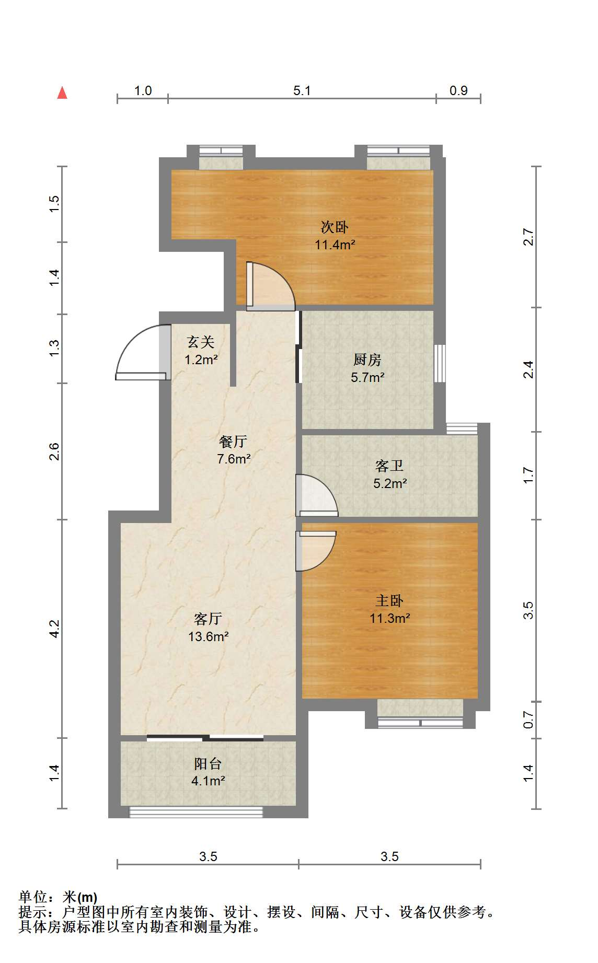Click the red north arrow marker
click(x=62, y=92)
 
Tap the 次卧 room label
click(x=335, y=227)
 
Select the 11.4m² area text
click(x=335, y=245)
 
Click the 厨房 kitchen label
click(x=367, y=359)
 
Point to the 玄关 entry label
click(x=201, y=342)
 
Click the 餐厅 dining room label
click(x=233, y=442)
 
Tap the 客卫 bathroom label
click(x=389, y=466)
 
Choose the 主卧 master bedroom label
click(x=389, y=601)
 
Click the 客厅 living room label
click(x=208, y=619)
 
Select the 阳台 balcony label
click(x=208, y=764)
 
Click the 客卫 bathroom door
click(x=317, y=495)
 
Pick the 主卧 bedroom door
click(x=316, y=551)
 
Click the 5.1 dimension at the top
click(x=302, y=91)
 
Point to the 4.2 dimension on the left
click(x=54, y=629)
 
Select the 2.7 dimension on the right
click(x=528, y=237)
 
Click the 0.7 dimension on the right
click(x=528, y=720)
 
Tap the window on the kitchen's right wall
click(x=440, y=363)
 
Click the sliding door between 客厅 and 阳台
click(x=205, y=738)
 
